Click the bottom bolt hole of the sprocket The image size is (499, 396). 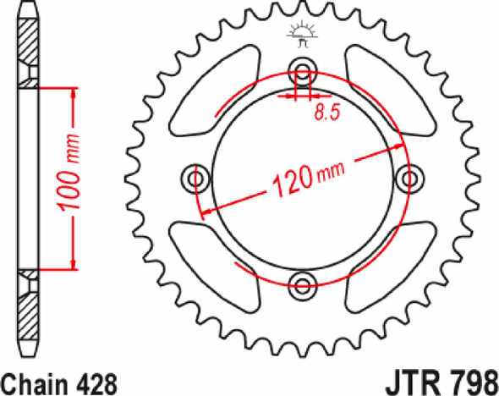[x=302, y=283]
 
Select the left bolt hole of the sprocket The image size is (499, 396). [x=196, y=177]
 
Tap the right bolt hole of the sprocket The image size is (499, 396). [x=410, y=177]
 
